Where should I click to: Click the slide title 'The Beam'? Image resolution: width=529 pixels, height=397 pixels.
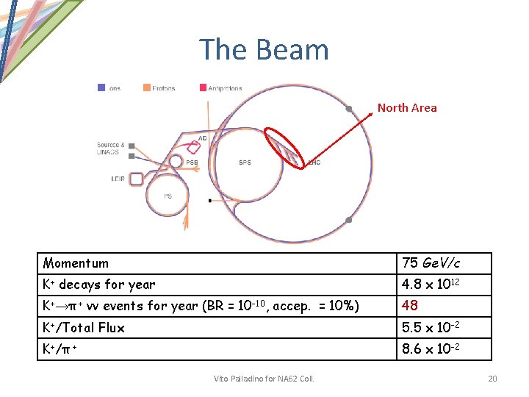[264, 50]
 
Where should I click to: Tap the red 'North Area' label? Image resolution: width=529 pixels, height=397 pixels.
[407, 108]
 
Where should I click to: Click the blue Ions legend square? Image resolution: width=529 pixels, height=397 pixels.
[101, 87]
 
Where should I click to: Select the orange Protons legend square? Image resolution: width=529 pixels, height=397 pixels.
[147, 87]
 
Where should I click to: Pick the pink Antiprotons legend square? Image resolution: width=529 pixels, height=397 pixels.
[203, 87]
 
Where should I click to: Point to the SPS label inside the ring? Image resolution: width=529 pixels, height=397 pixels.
[245, 162]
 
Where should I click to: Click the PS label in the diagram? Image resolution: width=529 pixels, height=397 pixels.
[168, 196]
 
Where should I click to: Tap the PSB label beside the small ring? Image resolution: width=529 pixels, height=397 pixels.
[192, 162]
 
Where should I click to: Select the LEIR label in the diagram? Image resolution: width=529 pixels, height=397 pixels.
[117, 178]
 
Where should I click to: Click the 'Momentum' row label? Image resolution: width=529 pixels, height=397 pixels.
[76, 263]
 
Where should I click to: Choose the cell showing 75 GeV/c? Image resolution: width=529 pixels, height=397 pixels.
[431, 263]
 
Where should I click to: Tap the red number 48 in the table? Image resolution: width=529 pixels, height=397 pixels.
[410, 306]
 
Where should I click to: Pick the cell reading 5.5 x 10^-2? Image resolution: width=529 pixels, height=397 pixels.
[431, 327]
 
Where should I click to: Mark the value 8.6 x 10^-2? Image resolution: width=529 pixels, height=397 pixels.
[431, 348]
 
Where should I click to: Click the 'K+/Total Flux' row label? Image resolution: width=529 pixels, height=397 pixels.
[84, 327]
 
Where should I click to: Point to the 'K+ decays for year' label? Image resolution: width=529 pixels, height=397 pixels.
[99, 285]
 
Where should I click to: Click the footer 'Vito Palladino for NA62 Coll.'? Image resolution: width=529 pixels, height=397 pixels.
[264, 378]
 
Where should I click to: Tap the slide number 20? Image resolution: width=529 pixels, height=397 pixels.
[492, 378]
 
